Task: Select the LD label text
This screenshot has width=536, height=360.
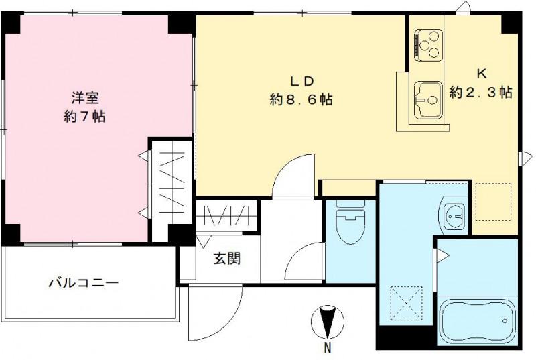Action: point(301,80)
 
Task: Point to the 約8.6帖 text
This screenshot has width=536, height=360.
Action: point(301,100)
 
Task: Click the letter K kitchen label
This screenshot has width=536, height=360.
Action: point(481,74)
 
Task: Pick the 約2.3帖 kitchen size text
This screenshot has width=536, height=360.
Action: point(481,93)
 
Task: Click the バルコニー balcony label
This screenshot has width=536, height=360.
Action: point(83,282)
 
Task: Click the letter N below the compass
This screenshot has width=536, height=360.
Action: point(328,347)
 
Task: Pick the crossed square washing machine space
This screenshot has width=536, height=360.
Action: point(407,303)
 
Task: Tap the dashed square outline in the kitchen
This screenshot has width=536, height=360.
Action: point(493,202)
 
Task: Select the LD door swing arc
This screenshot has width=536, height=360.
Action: point(295,172)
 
